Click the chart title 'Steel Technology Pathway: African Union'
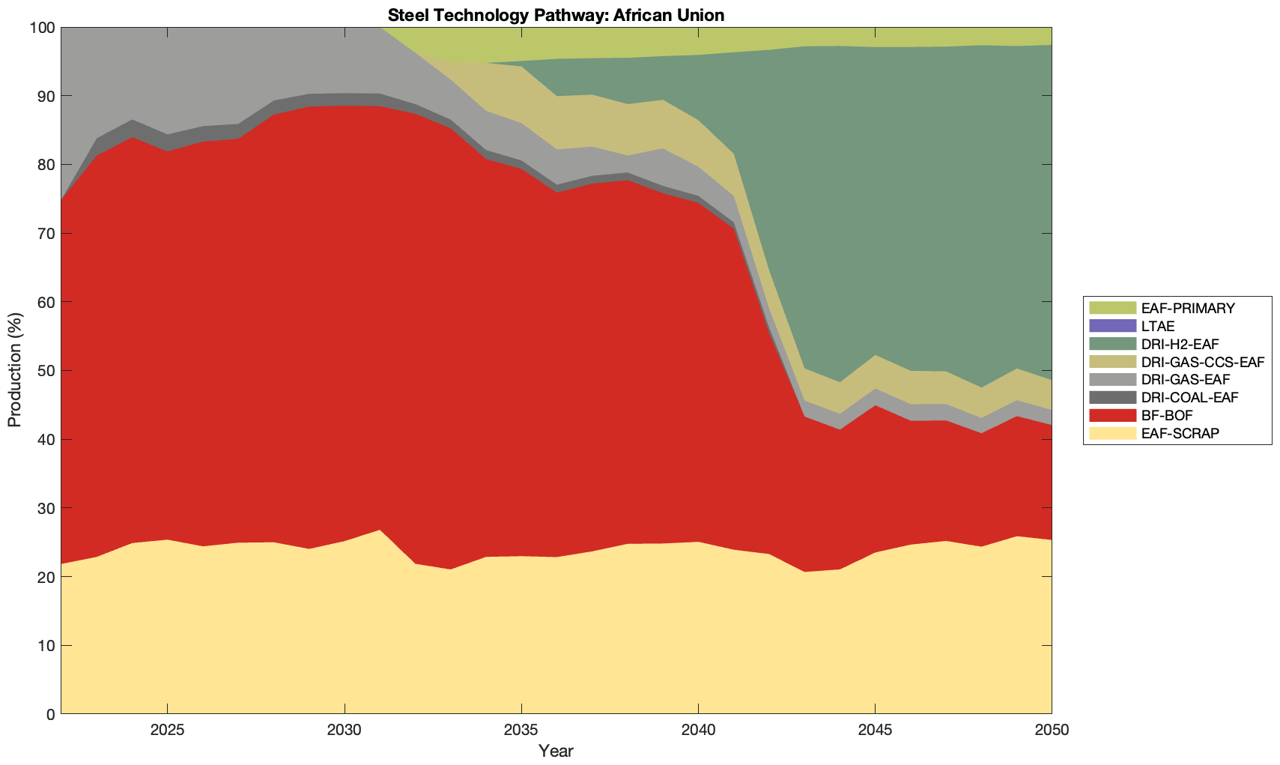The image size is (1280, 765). point(556,15)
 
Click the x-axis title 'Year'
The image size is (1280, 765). point(556,751)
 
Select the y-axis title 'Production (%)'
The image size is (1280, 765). point(15,370)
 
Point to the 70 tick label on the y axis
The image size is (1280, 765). point(46,234)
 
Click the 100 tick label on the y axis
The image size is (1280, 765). point(42,28)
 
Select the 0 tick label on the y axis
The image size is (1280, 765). point(50,714)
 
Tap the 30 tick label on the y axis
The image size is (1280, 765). point(46,508)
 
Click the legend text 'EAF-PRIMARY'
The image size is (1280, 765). point(1188,308)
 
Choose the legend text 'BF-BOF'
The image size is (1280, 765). point(1167,415)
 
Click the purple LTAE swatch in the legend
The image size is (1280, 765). point(1112,326)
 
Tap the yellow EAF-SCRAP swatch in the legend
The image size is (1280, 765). point(1112,433)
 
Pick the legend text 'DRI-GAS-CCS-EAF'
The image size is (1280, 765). point(1203,362)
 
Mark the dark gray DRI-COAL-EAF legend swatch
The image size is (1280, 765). point(1112,397)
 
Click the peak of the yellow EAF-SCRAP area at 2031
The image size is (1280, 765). point(380,531)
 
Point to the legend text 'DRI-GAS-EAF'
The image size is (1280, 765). point(1186,380)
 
